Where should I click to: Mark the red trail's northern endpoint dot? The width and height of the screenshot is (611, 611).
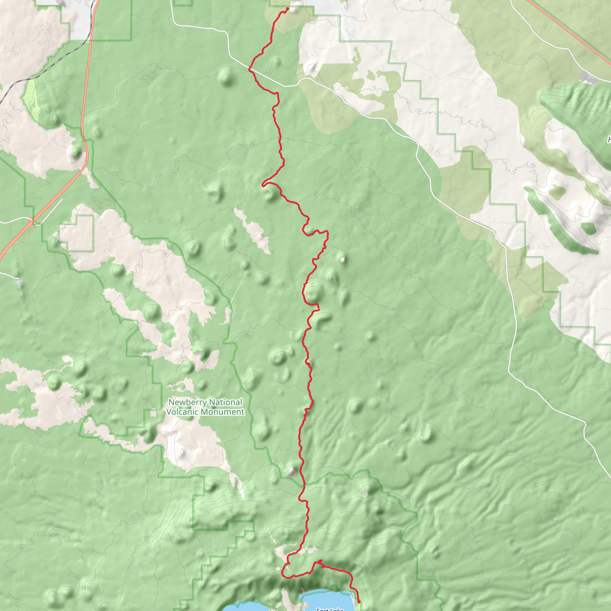click(288, 9)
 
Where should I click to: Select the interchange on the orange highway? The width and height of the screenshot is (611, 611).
click(33, 221)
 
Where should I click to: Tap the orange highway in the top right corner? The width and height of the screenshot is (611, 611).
click(569, 32)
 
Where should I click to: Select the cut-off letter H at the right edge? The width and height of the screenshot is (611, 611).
click(609, 139)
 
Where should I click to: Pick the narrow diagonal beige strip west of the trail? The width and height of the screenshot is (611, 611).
click(253, 231)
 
